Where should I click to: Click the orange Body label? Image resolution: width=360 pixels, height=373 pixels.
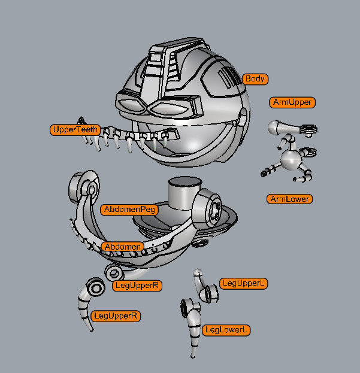click(255, 79)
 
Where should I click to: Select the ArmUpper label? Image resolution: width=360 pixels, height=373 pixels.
click(292, 102)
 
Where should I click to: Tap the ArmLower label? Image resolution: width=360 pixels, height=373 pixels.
click(290, 199)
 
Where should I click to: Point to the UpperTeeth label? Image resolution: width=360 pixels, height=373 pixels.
click(74, 129)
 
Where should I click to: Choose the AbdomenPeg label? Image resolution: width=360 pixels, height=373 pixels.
click(129, 210)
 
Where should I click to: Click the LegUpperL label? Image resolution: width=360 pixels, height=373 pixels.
click(243, 283)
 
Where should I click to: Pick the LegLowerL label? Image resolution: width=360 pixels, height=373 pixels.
click(226, 330)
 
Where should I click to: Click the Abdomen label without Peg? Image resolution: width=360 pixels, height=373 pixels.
click(122, 247)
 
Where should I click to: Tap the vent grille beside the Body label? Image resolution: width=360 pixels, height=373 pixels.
click(229, 78)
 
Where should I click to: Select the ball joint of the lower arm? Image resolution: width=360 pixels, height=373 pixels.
click(292, 160)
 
